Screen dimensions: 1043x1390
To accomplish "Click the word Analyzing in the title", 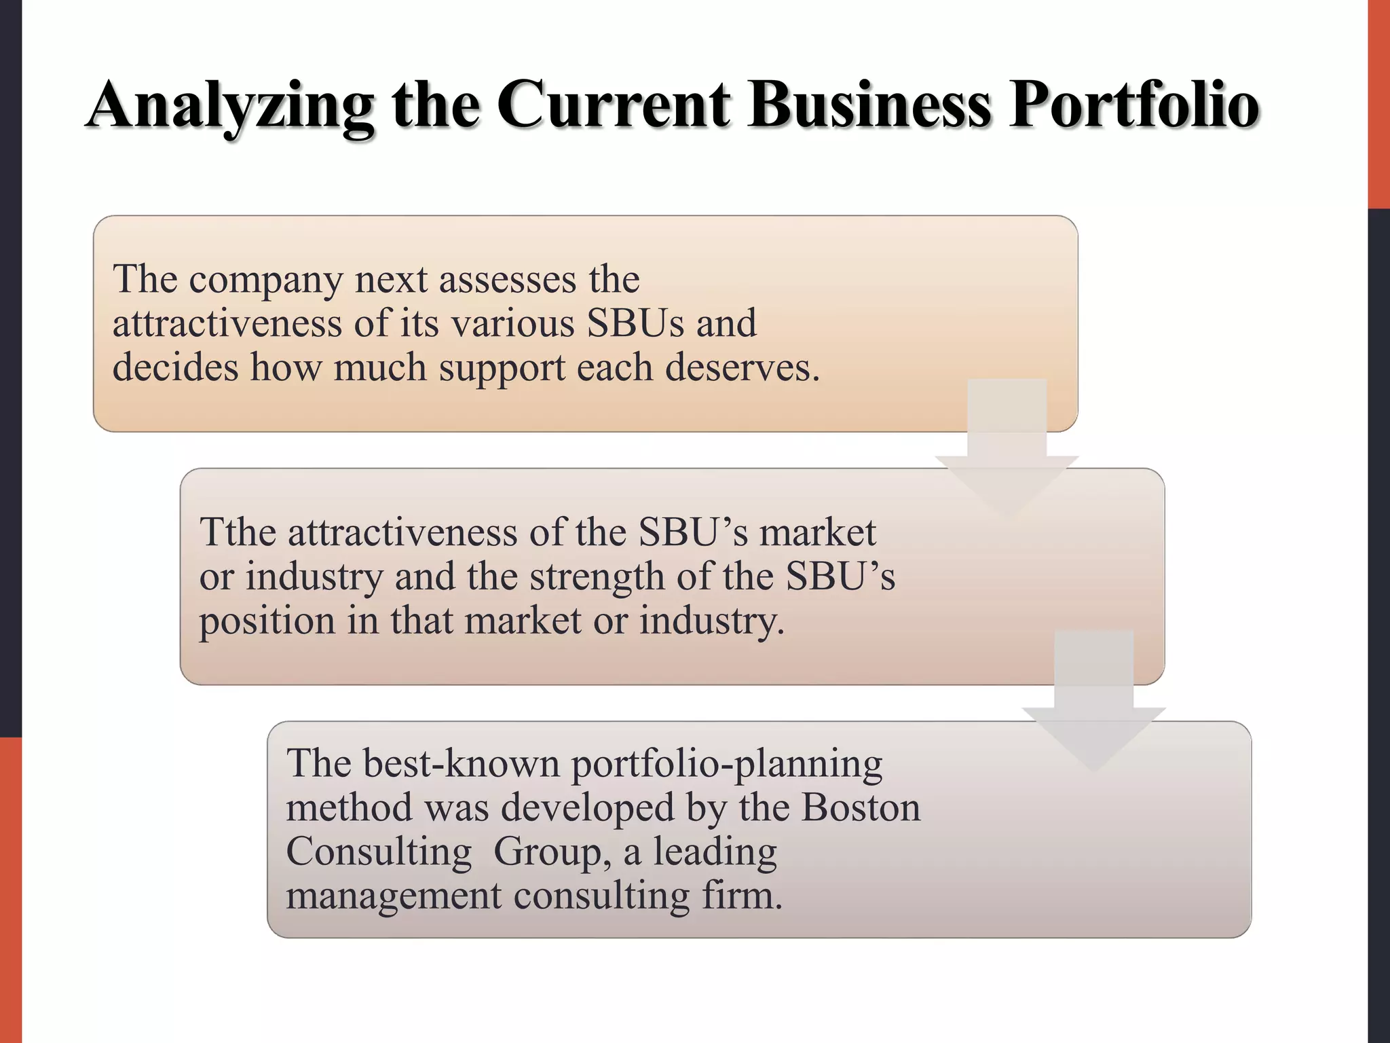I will click(x=230, y=106).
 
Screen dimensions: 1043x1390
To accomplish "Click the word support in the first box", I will click(x=502, y=369).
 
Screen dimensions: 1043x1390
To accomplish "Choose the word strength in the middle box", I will click(x=597, y=577).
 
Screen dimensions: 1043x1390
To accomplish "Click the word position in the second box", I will click(x=267, y=621).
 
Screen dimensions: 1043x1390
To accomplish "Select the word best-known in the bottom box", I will click(x=462, y=763).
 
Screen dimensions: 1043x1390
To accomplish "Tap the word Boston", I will click(x=861, y=807).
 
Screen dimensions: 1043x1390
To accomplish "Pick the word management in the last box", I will click(x=394, y=896).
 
